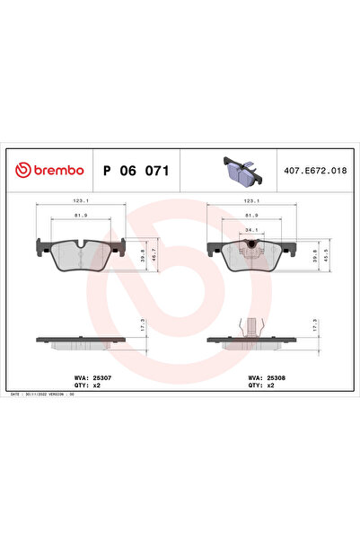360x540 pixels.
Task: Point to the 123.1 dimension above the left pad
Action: tap(80, 202)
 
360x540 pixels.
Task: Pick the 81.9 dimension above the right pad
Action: tap(252, 216)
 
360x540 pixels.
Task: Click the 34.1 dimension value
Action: tap(252, 229)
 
